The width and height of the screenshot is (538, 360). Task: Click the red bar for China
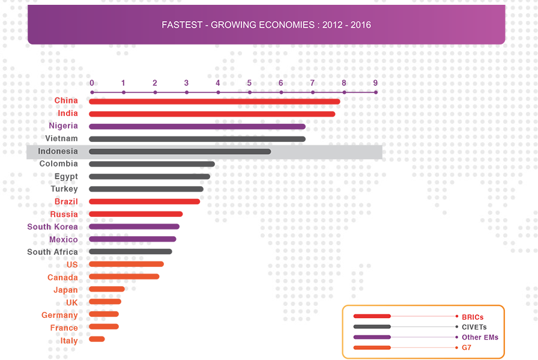[x=214, y=101]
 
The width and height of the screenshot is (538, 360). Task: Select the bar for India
[x=212, y=114]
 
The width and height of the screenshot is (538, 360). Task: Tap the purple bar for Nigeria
[x=197, y=126]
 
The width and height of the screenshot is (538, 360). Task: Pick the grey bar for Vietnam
[x=197, y=139]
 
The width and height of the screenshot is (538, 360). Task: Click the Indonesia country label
[x=58, y=151]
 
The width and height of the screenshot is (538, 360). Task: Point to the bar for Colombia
[x=152, y=164]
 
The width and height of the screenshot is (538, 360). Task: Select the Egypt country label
[x=66, y=177]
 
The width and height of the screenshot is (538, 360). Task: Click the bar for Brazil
[x=144, y=202]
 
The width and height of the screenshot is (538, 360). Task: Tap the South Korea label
[x=52, y=227]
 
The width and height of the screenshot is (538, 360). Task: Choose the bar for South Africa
[x=130, y=252]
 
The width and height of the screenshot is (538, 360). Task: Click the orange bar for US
[x=126, y=264]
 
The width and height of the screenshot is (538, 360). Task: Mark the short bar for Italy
[x=97, y=340]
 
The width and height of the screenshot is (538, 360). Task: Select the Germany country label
[x=59, y=315]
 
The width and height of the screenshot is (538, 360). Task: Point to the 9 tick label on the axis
[x=375, y=83]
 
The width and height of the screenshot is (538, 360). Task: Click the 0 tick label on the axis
[x=92, y=83]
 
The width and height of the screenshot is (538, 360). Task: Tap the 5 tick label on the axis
[x=249, y=83]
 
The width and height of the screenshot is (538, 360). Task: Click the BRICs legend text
[x=473, y=317]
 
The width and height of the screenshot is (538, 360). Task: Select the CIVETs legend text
[x=474, y=327]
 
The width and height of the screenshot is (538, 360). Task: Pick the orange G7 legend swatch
[x=372, y=347]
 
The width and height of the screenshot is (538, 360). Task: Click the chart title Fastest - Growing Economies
[x=266, y=25]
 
